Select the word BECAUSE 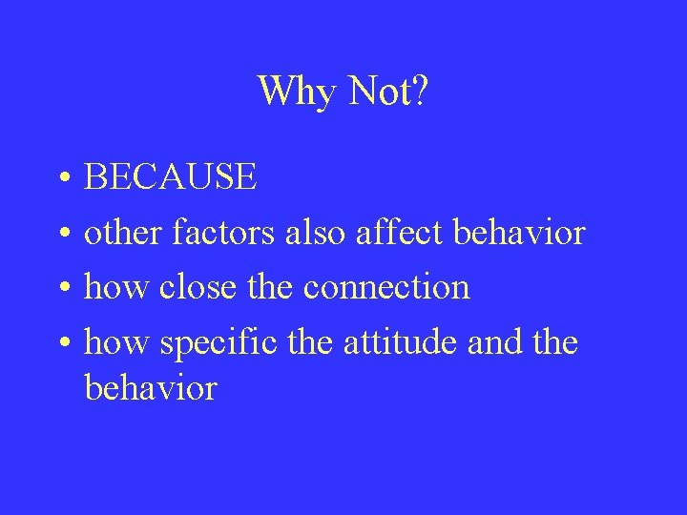click(171, 177)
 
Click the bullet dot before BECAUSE click(60, 178)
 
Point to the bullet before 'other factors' click(60, 234)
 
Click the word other click(123, 233)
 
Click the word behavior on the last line click(151, 388)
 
